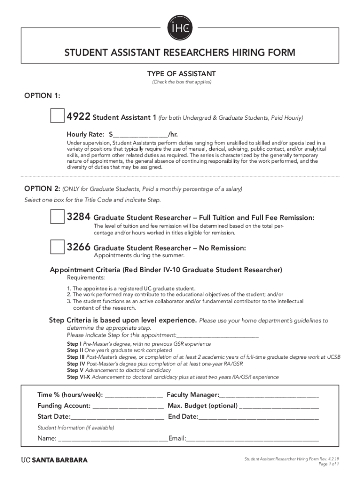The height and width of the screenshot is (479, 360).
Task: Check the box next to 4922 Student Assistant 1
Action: [58, 116]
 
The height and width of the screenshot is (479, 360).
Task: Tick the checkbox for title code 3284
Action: [58, 217]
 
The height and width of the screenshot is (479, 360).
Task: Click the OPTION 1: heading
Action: [42, 95]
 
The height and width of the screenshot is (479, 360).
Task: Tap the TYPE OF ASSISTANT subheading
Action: [181, 74]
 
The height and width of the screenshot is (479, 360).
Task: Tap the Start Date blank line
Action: [117, 416]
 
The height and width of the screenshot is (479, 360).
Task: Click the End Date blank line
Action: [259, 416]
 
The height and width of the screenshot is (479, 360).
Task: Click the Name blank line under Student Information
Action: [113, 439]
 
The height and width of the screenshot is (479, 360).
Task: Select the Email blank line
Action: [252, 439]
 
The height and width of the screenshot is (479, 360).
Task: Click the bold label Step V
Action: [75, 370]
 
